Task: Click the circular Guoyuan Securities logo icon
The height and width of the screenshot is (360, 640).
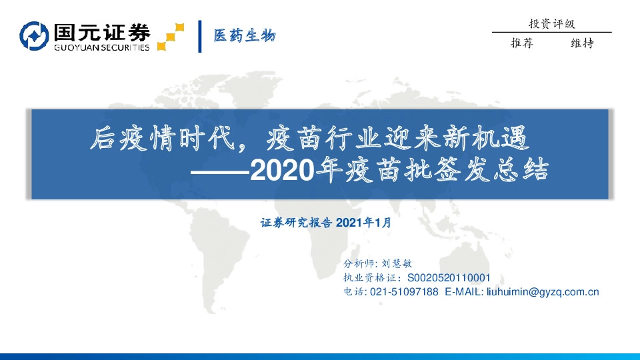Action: click(34, 37)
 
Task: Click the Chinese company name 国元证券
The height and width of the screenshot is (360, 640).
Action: click(101, 31)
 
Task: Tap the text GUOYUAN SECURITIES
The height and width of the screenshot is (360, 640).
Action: click(101, 47)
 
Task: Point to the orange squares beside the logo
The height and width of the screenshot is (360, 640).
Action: click(171, 36)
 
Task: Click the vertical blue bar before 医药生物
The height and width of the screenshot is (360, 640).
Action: click(200, 36)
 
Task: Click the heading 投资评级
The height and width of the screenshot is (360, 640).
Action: click(551, 23)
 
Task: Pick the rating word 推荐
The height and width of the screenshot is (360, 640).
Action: click(521, 43)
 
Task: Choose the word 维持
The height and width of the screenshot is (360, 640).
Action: click(582, 43)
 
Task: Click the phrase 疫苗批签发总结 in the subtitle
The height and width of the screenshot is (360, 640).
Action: click(447, 171)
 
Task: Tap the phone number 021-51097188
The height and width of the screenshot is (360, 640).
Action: click(405, 292)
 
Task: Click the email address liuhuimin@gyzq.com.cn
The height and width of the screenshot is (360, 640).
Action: click(543, 292)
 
